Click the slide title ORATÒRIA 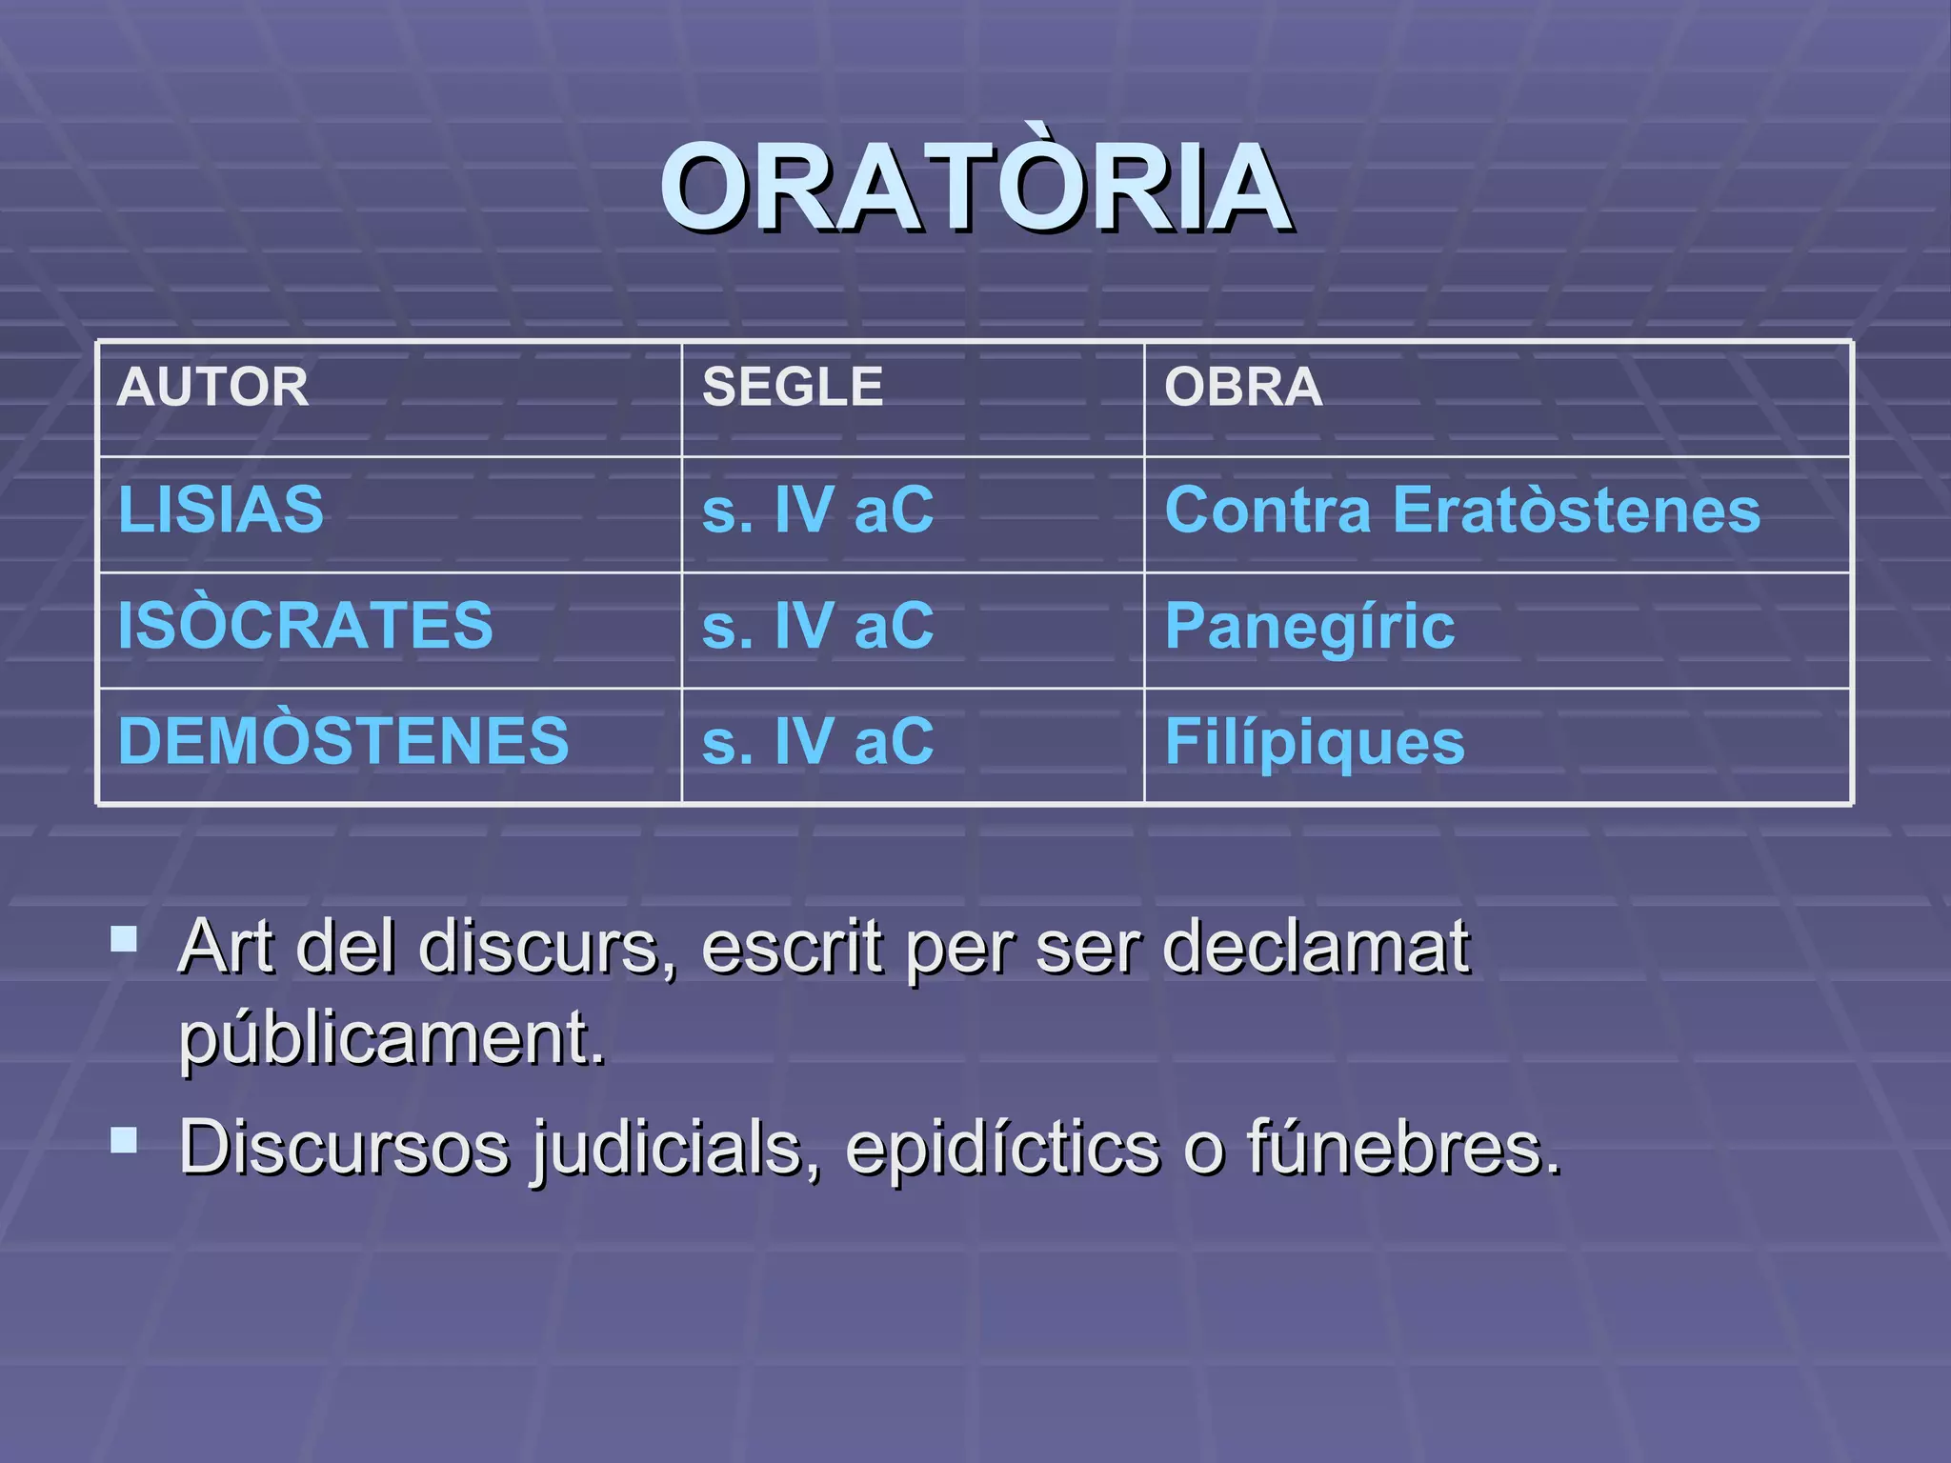[x=975, y=188]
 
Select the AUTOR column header [x=212, y=387]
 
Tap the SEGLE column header [x=793, y=387]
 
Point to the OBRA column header [x=1243, y=387]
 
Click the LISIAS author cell [x=221, y=510]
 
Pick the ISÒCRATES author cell [x=305, y=626]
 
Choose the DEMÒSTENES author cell [x=343, y=741]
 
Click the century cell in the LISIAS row [x=817, y=510]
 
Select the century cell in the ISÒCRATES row [x=817, y=626]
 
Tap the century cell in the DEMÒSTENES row [x=817, y=741]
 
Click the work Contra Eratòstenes [x=1462, y=510]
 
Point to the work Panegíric [x=1310, y=626]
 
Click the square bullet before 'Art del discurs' [x=124, y=940]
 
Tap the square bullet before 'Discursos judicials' [x=124, y=1139]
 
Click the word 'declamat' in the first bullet [x=1317, y=948]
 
